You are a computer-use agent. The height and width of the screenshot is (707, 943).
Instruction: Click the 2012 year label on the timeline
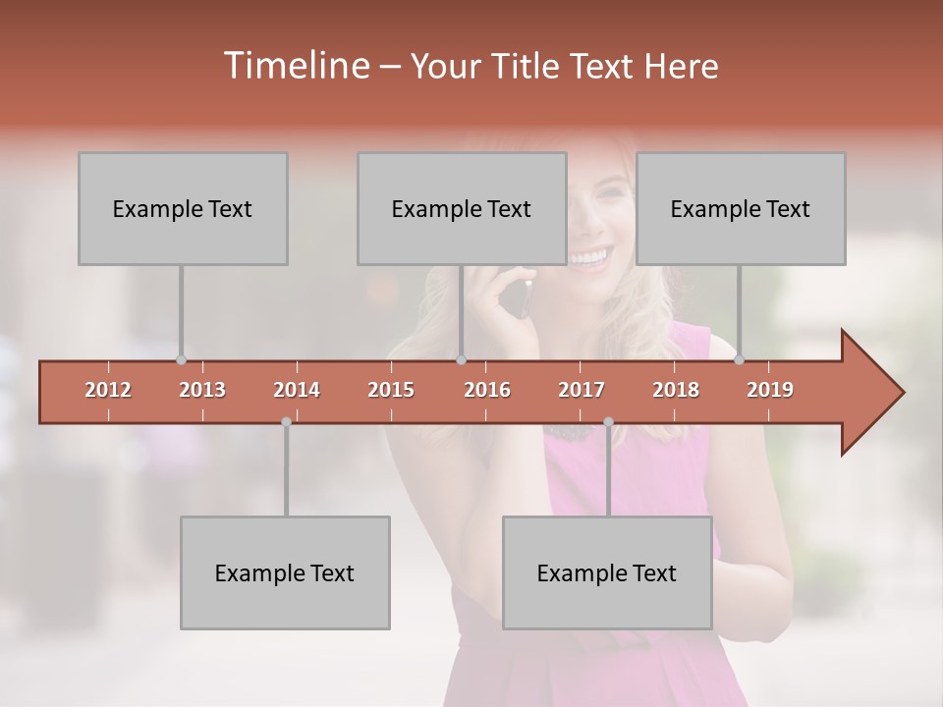(108, 390)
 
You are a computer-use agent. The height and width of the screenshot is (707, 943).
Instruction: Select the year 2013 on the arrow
(202, 390)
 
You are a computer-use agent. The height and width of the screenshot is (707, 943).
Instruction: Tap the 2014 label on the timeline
(297, 390)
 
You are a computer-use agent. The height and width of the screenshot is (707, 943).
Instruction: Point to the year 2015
(391, 390)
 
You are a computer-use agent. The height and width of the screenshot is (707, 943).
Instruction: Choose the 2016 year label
(487, 390)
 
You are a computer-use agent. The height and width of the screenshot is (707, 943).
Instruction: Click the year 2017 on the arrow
(582, 390)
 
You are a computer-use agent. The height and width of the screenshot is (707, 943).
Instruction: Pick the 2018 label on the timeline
(676, 390)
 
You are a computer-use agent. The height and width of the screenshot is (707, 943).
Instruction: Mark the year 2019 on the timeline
(770, 390)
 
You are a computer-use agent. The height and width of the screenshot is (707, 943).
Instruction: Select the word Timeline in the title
(295, 66)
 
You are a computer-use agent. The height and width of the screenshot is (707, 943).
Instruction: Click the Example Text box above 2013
(183, 209)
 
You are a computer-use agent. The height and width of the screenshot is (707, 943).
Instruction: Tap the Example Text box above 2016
(462, 209)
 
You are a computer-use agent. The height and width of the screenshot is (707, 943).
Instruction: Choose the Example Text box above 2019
(741, 209)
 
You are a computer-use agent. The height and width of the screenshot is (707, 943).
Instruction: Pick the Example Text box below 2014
(285, 573)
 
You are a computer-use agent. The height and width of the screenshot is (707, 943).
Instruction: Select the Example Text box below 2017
(607, 573)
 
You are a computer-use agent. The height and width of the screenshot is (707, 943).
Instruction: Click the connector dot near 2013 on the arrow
(181, 359)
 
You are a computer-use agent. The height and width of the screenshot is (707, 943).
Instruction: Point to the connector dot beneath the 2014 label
(286, 422)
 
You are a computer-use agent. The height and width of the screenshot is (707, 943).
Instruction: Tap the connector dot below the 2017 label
(608, 422)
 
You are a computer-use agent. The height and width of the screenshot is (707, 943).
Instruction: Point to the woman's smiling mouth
(588, 258)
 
